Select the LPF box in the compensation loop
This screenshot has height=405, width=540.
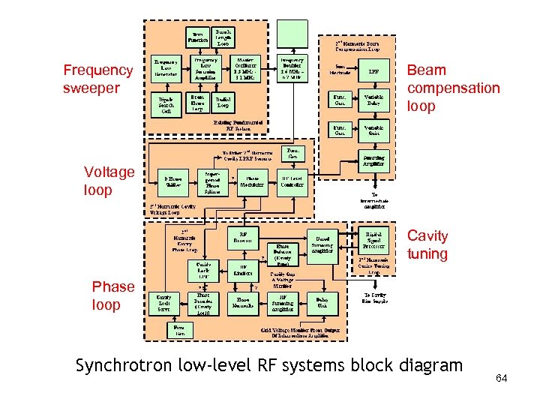click(373, 72)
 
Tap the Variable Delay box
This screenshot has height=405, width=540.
click(373, 100)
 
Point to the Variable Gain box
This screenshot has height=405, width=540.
click(373, 130)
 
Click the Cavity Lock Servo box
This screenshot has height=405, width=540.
click(163, 303)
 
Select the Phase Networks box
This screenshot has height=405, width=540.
click(243, 303)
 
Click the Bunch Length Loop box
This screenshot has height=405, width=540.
click(223, 35)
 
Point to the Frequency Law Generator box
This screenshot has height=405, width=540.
click(166, 68)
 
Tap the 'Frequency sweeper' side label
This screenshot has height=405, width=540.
click(97, 79)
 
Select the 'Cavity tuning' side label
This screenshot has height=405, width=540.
click(427, 244)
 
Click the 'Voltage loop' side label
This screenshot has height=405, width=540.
click(109, 181)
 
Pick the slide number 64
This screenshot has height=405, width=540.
click(502, 377)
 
